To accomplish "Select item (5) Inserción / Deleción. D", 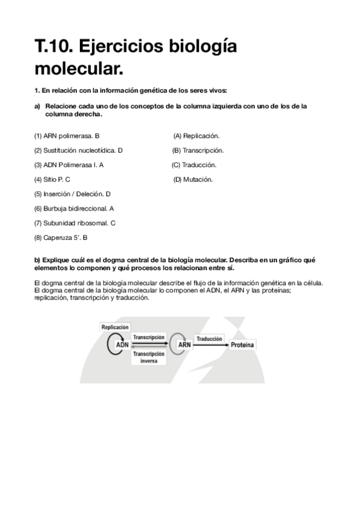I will click(73, 194).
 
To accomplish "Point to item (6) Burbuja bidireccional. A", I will click(74, 208).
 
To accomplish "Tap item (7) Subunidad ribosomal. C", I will click(75, 223).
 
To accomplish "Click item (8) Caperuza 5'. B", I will click(61, 238).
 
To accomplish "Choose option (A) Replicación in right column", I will click(196, 136).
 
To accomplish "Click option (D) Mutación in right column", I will click(193, 179).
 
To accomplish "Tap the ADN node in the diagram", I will click(122, 345).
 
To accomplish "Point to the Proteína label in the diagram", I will click(243, 345).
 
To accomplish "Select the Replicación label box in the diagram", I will click(115, 327).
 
